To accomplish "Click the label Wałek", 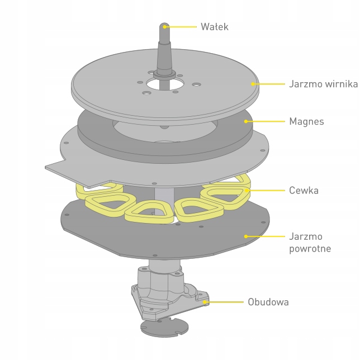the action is (x=214, y=26).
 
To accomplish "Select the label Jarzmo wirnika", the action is (x=323, y=84).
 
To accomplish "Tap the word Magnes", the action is (x=306, y=121).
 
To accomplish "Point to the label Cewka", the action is (x=304, y=191).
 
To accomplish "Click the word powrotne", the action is (x=310, y=248).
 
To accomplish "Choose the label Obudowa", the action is (x=268, y=302).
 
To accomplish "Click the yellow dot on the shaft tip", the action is (x=165, y=26).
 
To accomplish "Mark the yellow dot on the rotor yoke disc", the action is (x=253, y=84).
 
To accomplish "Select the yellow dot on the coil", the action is (x=246, y=191).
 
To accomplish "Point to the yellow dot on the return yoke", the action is (x=245, y=236).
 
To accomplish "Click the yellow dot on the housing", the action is (x=205, y=302).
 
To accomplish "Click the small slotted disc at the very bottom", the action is (x=165, y=327).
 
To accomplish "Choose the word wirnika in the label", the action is (x=340, y=84).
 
